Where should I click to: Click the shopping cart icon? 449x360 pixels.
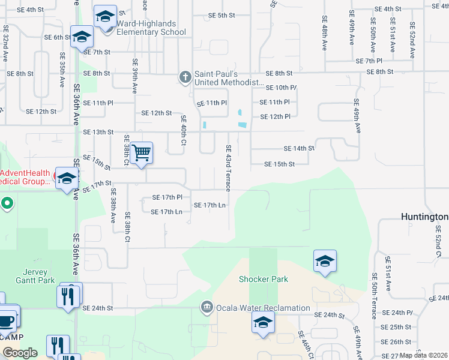coord(141,152)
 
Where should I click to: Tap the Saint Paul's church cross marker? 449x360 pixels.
coord(185,77)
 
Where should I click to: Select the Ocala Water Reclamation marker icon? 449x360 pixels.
coord(207,308)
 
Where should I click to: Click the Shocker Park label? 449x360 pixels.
coord(264,279)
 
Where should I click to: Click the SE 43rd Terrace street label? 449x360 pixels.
coord(228,168)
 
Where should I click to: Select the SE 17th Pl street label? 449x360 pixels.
coord(167,197)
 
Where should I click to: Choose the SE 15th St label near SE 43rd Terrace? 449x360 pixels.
coord(280,164)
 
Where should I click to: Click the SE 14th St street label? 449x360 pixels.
coord(299,148)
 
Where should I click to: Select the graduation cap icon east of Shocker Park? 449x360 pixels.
coord(324,260)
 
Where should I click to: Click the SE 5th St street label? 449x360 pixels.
coord(221,15)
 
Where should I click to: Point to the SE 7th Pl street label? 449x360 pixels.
coord(369,61)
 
